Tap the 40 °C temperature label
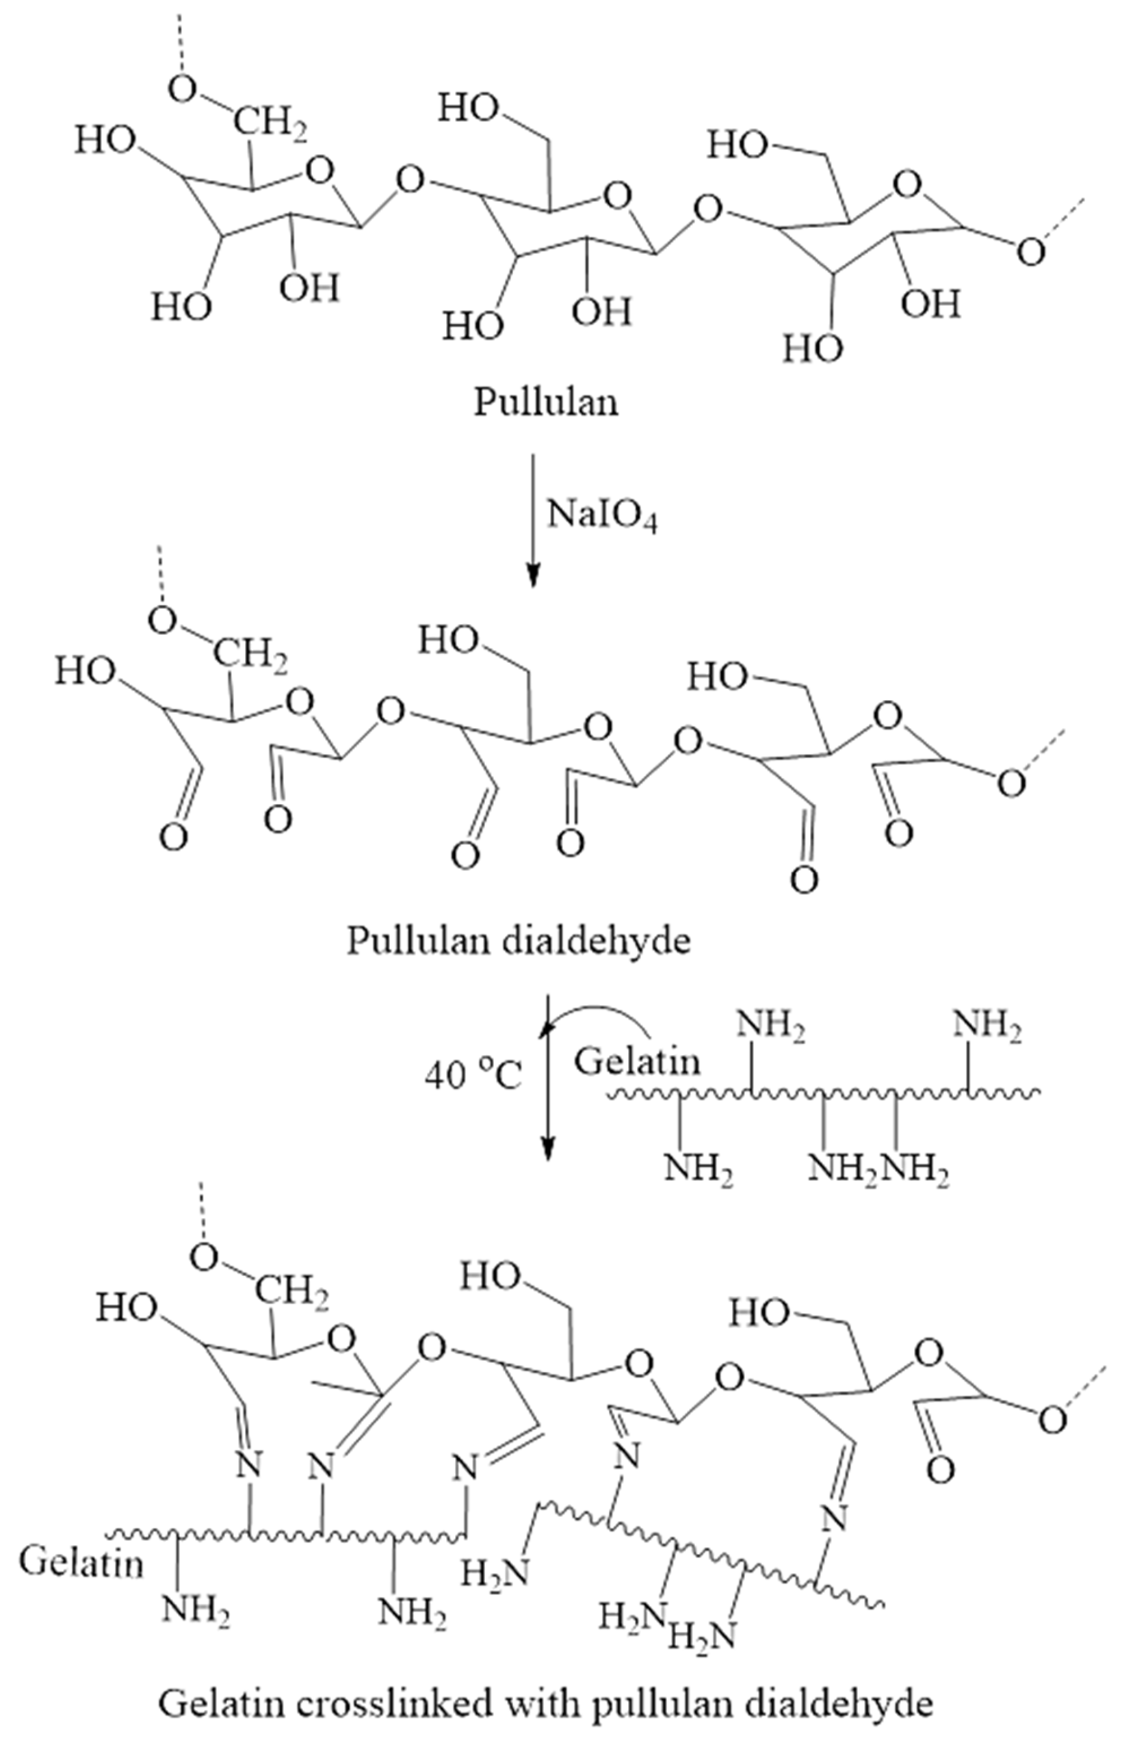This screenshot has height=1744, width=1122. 473,1075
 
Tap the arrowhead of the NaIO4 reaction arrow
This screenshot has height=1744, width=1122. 534,576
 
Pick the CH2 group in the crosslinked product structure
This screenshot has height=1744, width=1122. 291,1294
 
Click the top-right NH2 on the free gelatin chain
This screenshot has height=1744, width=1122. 987,1028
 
